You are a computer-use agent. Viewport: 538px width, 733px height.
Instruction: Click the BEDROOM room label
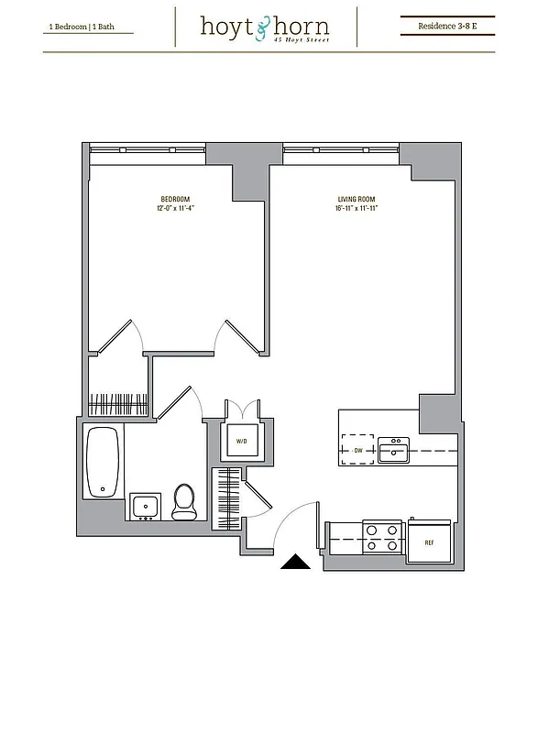(175, 199)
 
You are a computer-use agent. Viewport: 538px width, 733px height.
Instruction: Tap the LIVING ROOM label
(356, 199)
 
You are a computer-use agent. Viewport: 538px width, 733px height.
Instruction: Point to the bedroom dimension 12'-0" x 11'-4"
(175, 208)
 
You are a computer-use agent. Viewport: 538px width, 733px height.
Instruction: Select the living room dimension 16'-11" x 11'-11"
(356, 208)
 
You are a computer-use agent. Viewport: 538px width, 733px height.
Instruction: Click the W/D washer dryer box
(242, 441)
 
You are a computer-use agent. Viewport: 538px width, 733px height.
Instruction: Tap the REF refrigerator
(429, 541)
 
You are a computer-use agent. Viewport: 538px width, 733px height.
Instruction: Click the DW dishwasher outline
(357, 450)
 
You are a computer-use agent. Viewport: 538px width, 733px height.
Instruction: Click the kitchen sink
(395, 450)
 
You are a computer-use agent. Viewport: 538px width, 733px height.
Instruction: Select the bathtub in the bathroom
(103, 463)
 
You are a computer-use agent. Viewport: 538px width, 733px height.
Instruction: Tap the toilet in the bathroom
(184, 501)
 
